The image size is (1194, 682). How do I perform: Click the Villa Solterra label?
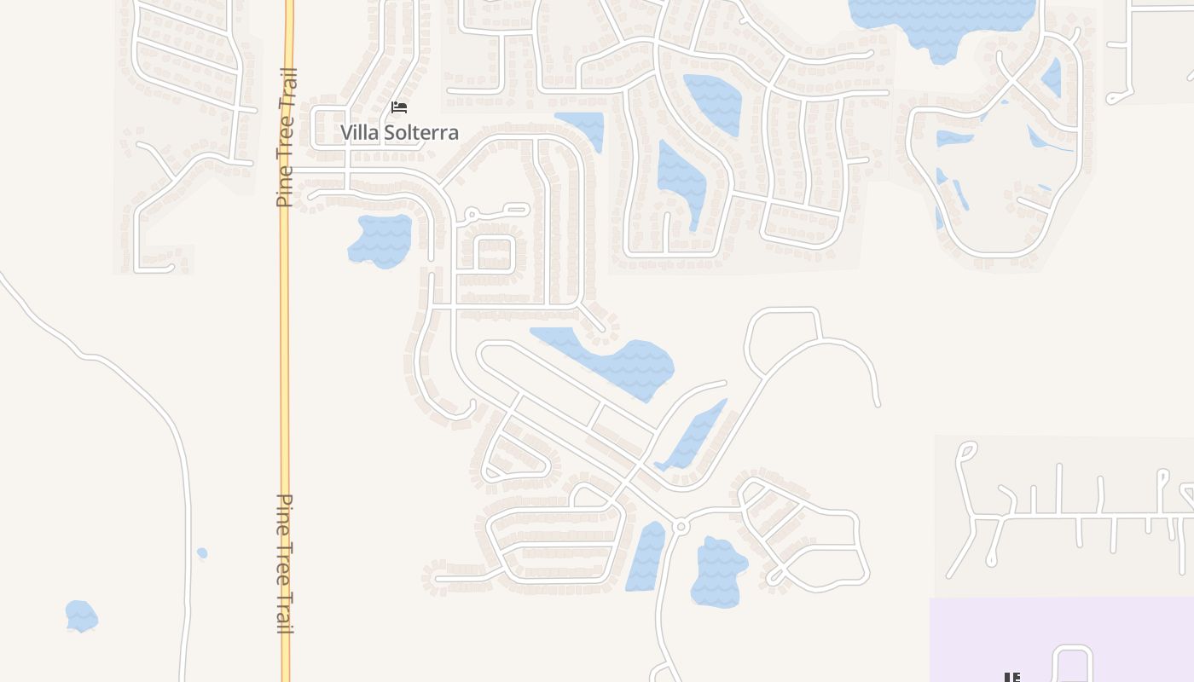click(x=399, y=132)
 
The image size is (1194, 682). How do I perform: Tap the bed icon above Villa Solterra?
click(x=399, y=107)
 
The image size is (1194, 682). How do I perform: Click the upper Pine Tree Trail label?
click(x=286, y=136)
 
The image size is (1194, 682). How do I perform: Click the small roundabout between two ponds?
click(x=680, y=527)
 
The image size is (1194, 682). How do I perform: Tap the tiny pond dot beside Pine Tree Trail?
click(x=202, y=553)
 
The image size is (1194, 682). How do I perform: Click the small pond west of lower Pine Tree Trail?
click(x=81, y=616)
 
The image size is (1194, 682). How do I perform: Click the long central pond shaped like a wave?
click(x=614, y=358)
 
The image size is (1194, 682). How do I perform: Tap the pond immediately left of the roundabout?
click(x=647, y=556)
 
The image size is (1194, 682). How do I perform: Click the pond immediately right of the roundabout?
click(x=718, y=571)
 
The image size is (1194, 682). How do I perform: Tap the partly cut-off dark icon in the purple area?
click(x=1011, y=678)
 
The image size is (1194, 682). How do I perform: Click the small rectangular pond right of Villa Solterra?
click(x=583, y=128)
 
